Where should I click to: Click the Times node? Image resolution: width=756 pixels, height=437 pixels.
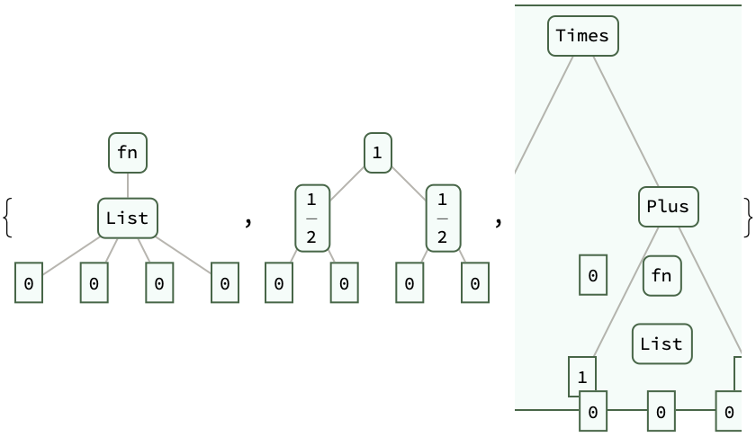tap(582, 36)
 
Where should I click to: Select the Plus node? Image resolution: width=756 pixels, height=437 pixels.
tap(668, 207)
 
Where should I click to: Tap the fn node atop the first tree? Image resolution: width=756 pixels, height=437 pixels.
tap(128, 152)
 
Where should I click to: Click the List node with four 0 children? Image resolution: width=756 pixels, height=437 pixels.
tap(128, 218)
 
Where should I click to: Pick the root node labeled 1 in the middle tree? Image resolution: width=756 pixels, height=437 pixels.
tap(377, 152)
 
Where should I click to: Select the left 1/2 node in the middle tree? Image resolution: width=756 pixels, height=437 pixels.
tap(311, 218)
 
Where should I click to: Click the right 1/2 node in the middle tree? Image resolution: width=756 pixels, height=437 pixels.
tap(443, 218)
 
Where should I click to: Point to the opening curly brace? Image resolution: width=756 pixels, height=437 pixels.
tap(7, 218)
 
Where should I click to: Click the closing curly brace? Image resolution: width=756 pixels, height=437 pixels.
tap(748, 218)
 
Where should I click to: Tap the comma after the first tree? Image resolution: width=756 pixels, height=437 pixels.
tap(248, 220)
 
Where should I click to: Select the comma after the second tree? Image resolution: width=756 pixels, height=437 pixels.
tap(498, 220)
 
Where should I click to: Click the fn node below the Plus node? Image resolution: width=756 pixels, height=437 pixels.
tap(661, 275)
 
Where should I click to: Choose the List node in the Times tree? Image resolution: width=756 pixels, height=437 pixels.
tap(661, 343)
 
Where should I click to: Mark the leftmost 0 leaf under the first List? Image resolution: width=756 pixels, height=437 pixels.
tap(29, 283)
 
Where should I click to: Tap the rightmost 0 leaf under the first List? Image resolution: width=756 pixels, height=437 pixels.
tap(225, 283)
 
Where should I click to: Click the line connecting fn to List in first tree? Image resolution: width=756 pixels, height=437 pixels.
tap(128, 185)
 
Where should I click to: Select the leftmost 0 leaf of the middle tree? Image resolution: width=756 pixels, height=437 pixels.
tap(279, 283)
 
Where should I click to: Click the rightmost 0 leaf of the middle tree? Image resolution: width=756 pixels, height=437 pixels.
tap(475, 283)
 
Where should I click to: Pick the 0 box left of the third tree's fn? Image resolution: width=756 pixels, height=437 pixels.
tap(592, 275)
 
